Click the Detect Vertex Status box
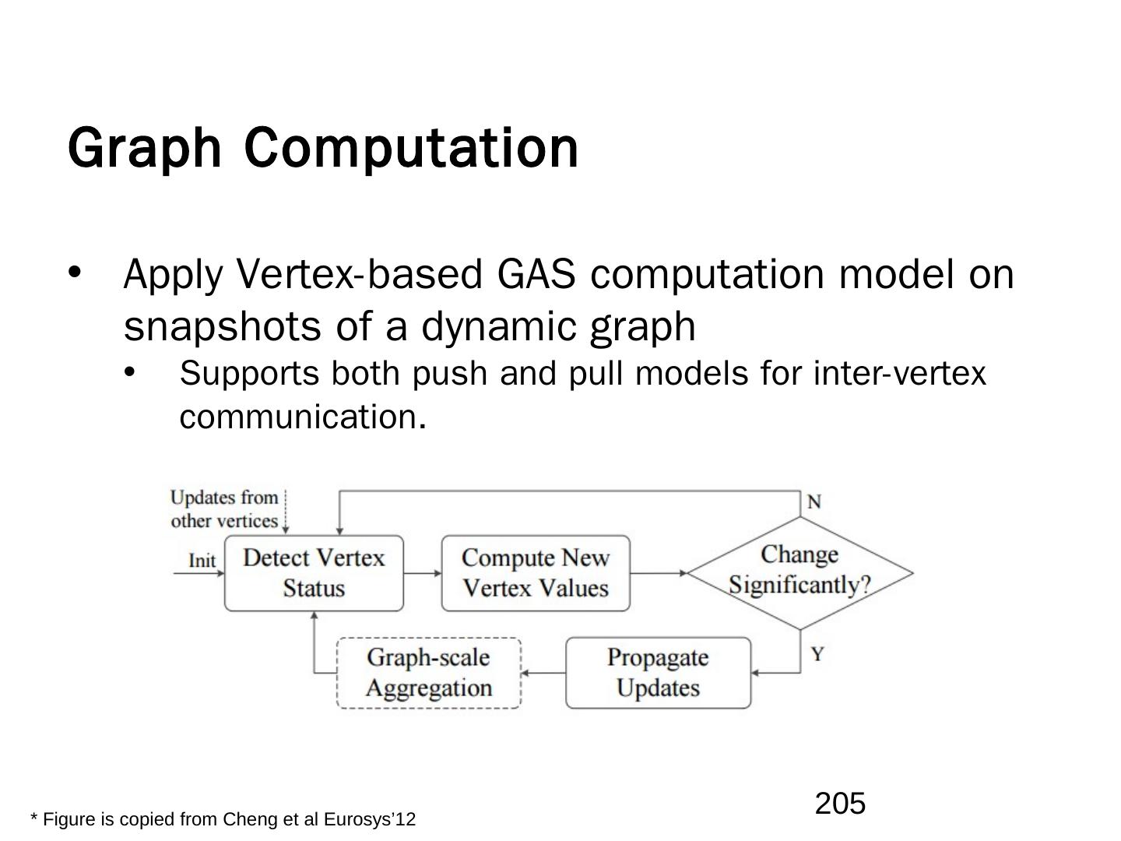click(x=314, y=572)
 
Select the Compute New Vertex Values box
click(x=536, y=572)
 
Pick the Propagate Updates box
click(x=658, y=673)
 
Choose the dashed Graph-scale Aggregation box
click(x=428, y=673)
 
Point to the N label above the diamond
click(x=814, y=502)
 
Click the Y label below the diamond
click(x=817, y=653)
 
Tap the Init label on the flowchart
click(x=202, y=561)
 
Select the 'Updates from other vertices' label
click(x=224, y=509)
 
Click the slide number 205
click(x=840, y=803)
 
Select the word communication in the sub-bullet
click(x=302, y=417)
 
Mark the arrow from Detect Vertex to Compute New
click(x=423, y=573)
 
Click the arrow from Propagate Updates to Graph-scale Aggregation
click(x=543, y=673)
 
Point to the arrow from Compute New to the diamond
click(x=659, y=573)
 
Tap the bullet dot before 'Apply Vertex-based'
click(x=75, y=273)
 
